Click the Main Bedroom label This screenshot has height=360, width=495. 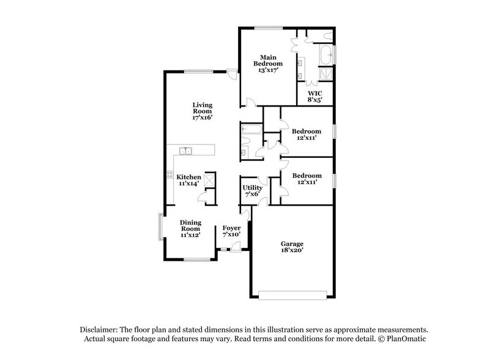[270, 59]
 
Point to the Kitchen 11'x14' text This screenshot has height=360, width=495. [190, 179]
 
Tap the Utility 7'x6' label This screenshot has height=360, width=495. [252, 190]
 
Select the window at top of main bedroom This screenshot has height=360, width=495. [264, 27]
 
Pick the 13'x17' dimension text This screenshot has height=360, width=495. [270, 70]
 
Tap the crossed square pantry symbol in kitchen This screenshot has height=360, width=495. [209, 179]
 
